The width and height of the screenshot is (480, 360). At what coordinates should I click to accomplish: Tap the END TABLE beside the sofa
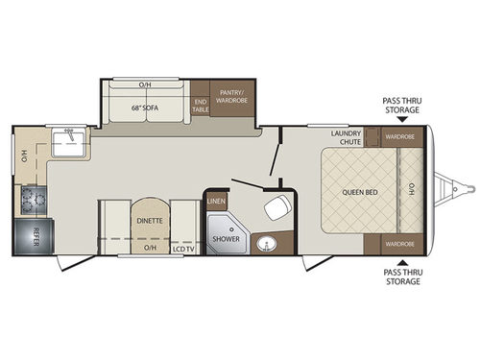pos(201,106)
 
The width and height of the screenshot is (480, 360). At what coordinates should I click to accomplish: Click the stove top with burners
pos(30,200)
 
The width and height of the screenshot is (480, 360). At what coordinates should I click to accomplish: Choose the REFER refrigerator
pos(30,234)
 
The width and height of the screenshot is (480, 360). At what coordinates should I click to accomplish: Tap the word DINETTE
pos(149,221)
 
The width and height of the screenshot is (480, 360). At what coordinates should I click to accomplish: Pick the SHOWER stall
pos(226,238)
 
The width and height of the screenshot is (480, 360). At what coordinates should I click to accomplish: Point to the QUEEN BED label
pos(356,191)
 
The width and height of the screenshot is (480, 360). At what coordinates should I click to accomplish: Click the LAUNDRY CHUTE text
pos(345,138)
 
